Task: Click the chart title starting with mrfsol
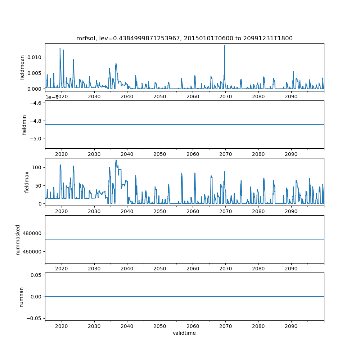tap(184, 38)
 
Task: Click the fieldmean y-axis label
tap(22, 67)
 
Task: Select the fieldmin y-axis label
tap(24, 125)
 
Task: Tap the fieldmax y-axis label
tap(26, 182)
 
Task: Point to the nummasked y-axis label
tap(18, 239)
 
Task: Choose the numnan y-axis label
tap(22, 297)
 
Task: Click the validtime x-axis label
tap(184, 333)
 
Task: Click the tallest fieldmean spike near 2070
tap(224, 46)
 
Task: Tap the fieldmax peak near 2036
tap(116, 161)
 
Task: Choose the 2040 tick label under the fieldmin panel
tap(127, 154)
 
